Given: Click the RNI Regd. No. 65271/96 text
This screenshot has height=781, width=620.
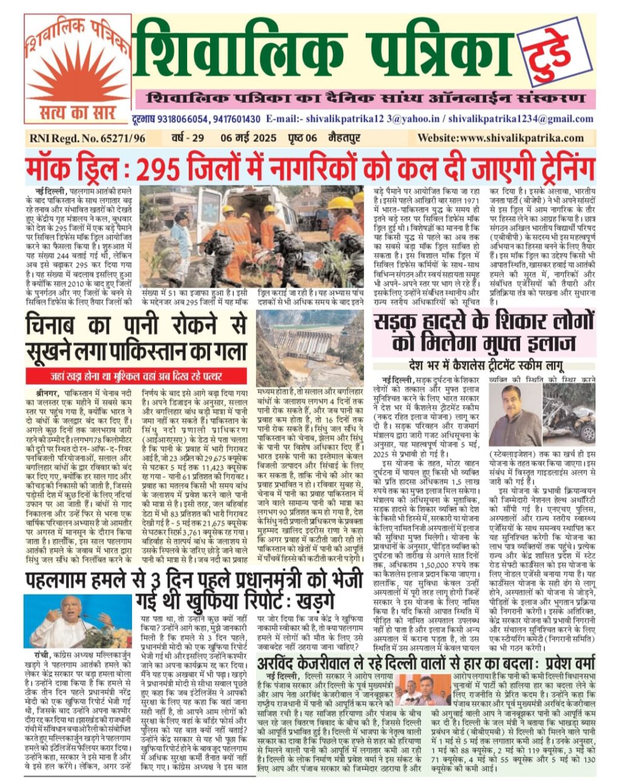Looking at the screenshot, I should point(87,138).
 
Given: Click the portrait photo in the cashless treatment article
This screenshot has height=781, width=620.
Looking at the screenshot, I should point(515,415).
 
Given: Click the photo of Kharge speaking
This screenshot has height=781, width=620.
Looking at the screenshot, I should point(78,621).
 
